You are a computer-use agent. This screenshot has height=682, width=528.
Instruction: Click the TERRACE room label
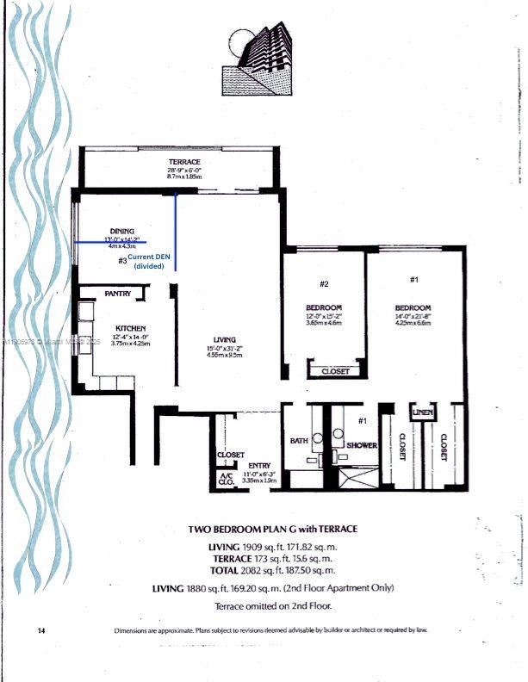[184, 163]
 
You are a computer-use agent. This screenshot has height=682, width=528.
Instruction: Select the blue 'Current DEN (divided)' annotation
[148, 262]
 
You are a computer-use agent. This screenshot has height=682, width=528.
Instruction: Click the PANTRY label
[117, 294]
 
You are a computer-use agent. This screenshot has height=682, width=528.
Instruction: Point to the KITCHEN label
[130, 328]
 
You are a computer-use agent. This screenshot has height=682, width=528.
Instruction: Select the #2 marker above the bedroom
[325, 283]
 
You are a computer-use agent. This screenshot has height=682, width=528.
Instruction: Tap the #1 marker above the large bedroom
[413, 280]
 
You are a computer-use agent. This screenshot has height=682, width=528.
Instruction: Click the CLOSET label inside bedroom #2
[335, 371]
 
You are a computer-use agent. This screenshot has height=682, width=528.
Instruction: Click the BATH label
[299, 441]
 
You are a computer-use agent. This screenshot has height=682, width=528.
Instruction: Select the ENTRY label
[258, 466]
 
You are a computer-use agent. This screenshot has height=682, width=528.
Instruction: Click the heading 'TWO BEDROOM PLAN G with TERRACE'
[272, 529]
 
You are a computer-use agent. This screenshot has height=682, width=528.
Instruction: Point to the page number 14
[41, 631]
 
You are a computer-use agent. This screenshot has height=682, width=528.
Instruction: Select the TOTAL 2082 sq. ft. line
[272, 570]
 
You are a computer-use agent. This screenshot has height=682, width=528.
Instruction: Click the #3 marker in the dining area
[123, 259]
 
